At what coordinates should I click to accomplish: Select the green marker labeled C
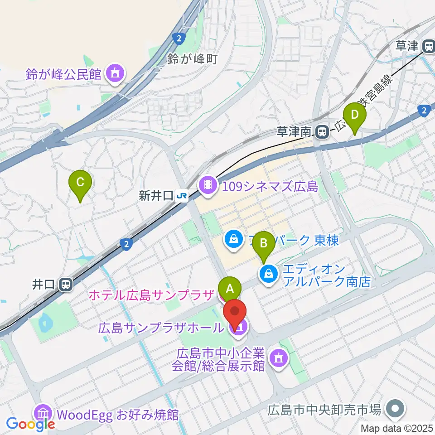pyautogui.click(x=80, y=183)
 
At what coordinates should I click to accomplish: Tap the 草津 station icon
pyautogui.click(x=428, y=46)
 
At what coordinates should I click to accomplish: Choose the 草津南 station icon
pyautogui.click(x=322, y=132)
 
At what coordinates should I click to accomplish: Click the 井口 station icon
pyautogui.click(x=66, y=285)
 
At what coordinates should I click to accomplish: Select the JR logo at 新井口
pyautogui.click(x=182, y=196)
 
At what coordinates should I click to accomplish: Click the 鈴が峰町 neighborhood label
pyautogui.click(x=193, y=58)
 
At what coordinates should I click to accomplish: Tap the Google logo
pyautogui.click(x=31, y=424)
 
